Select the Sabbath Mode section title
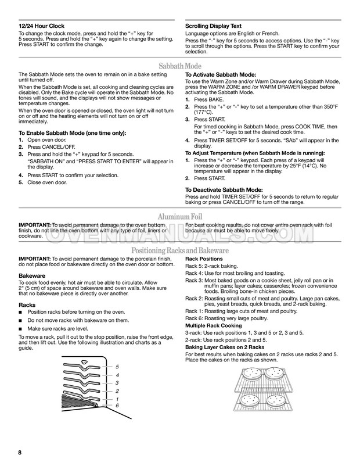tap(179, 66)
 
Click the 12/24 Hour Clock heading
tap(42, 26)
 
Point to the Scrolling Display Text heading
tap(213, 26)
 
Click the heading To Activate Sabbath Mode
tap(220, 76)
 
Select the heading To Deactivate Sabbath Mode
tap(224, 189)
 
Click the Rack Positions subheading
tap(203, 258)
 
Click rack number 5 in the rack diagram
tap(117, 367)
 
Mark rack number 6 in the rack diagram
tap(117, 405)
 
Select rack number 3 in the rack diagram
tap(117, 383)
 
